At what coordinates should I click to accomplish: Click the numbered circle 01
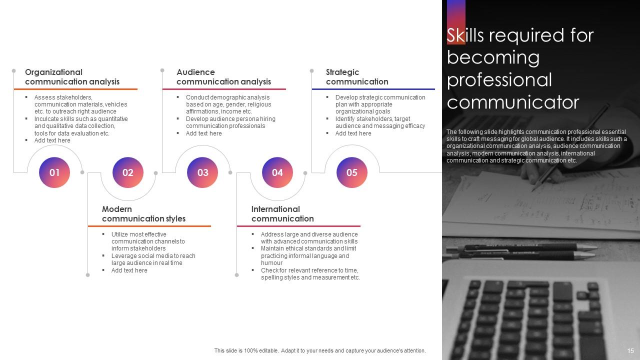click(x=54, y=172)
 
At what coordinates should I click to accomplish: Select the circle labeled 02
click(x=128, y=172)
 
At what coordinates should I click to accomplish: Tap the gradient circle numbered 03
click(x=202, y=172)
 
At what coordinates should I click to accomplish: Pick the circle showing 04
click(x=277, y=172)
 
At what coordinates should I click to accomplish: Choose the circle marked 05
click(x=351, y=172)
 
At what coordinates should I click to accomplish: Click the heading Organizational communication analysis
click(x=72, y=77)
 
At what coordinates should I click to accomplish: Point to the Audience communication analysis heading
click(x=223, y=77)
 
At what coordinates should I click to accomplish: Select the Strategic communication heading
click(x=357, y=77)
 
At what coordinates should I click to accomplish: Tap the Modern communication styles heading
click(x=143, y=214)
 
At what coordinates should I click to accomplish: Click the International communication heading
click(x=282, y=214)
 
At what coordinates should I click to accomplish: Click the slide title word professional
click(x=499, y=80)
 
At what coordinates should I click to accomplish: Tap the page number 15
click(x=630, y=351)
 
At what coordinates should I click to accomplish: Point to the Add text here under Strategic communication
click(x=353, y=133)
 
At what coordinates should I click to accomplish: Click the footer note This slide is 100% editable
click(x=320, y=351)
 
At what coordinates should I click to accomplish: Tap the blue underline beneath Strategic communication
click(x=373, y=89)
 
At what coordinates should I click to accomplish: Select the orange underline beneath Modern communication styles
click(x=149, y=226)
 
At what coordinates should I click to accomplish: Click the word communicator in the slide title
click(x=512, y=102)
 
